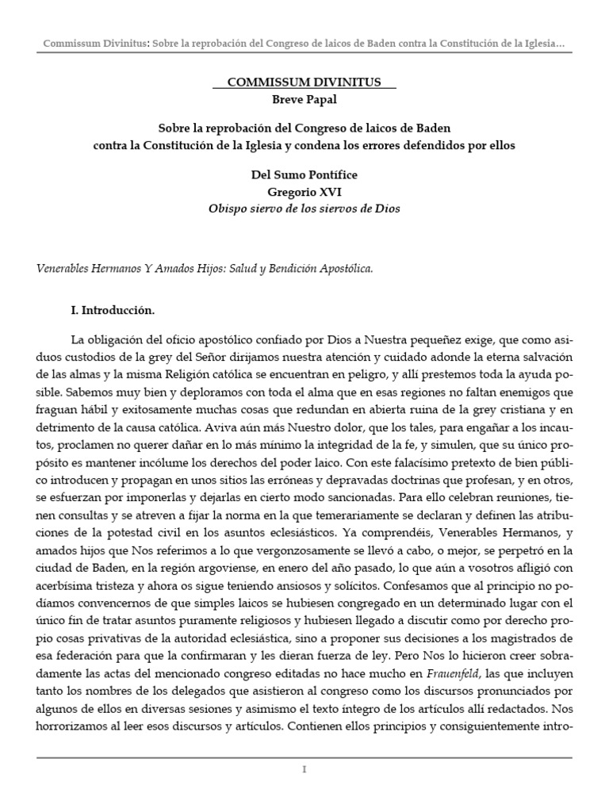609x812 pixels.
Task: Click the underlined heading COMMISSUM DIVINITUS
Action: (x=304, y=82)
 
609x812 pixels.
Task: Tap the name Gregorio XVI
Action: (x=304, y=192)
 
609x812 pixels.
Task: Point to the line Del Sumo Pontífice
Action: (x=304, y=175)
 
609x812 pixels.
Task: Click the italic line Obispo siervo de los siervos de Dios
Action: (x=304, y=209)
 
